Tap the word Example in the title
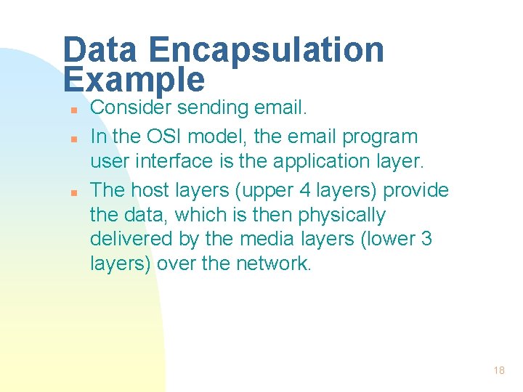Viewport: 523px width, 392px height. [x=134, y=79]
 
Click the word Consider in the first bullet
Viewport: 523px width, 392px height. [x=130, y=108]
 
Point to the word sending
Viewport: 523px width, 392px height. [x=212, y=108]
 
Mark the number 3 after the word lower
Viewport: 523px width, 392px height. [x=426, y=239]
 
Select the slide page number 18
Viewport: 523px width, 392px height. [x=499, y=370]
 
